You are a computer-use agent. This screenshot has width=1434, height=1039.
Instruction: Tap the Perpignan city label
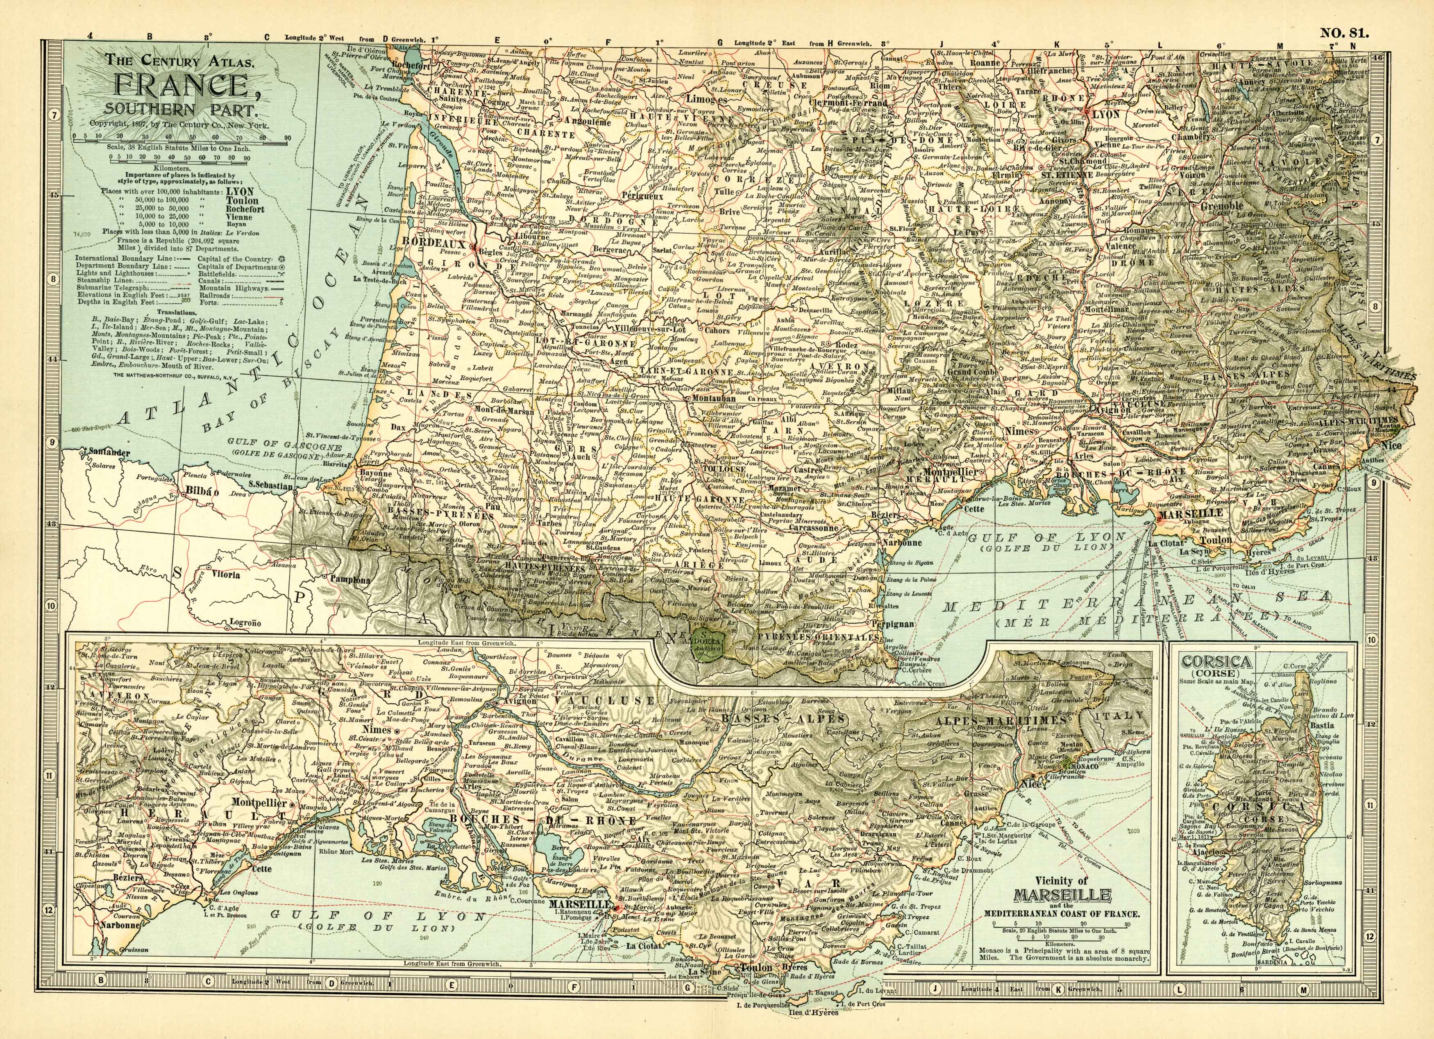pyautogui.click(x=892, y=623)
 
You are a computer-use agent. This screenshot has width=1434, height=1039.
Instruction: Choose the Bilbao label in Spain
pyautogui.click(x=201, y=491)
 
